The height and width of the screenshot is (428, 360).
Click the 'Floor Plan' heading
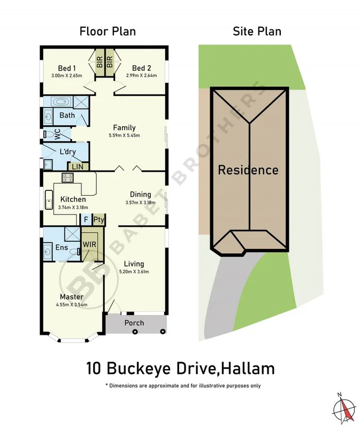point(108,31)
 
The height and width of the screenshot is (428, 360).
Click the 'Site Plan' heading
point(257,31)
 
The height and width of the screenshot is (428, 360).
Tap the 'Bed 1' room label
point(68,68)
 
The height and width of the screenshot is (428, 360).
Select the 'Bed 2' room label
point(142,68)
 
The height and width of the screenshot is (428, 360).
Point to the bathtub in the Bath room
point(60,102)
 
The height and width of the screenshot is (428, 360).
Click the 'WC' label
point(57,134)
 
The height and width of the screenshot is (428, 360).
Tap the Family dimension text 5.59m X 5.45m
point(124,135)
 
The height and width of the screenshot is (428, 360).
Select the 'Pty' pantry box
point(98,219)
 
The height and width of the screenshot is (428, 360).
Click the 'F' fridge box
point(86,219)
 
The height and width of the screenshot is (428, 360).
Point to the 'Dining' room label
point(141,194)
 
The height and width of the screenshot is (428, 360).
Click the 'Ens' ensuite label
point(61,248)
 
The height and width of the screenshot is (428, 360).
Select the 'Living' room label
point(134,264)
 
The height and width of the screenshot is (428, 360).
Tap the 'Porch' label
point(134,323)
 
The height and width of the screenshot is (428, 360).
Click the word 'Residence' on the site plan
point(248,170)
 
